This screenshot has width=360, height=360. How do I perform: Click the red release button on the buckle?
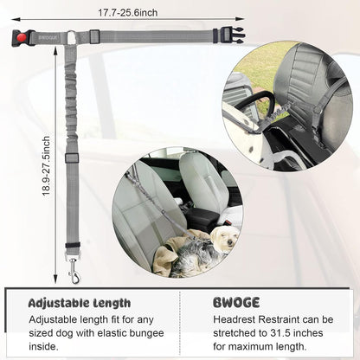pyautogui.click(x=22, y=37)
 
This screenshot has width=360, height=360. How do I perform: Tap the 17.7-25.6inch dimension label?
pyautogui.click(x=128, y=13)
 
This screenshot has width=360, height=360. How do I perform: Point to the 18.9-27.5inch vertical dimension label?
pyautogui.click(x=46, y=166)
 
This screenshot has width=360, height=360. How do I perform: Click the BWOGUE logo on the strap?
pyautogui.click(x=48, y=37)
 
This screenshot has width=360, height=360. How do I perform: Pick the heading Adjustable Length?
pyautogui.click(x=80, y=303)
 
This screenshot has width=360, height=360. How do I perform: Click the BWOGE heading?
pyautogui.click(x=236, y=303)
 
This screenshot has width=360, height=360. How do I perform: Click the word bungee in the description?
pyautogui.click(x=146, y=333)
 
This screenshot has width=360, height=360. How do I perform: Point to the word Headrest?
pyautogui.click(x=235, y=319)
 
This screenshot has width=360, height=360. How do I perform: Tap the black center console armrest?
pyautogui.click(x=202, y=218)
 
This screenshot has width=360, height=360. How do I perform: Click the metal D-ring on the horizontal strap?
pyautogui.click(x=71, y=37)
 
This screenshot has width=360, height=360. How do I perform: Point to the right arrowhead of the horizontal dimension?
pyautogui.click(x=240, y=19)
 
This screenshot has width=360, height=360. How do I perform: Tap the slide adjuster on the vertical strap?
pyautogui.click(x=72, y=158)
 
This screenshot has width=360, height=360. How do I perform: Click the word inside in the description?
pyautogui.click(x=43, y=346)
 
